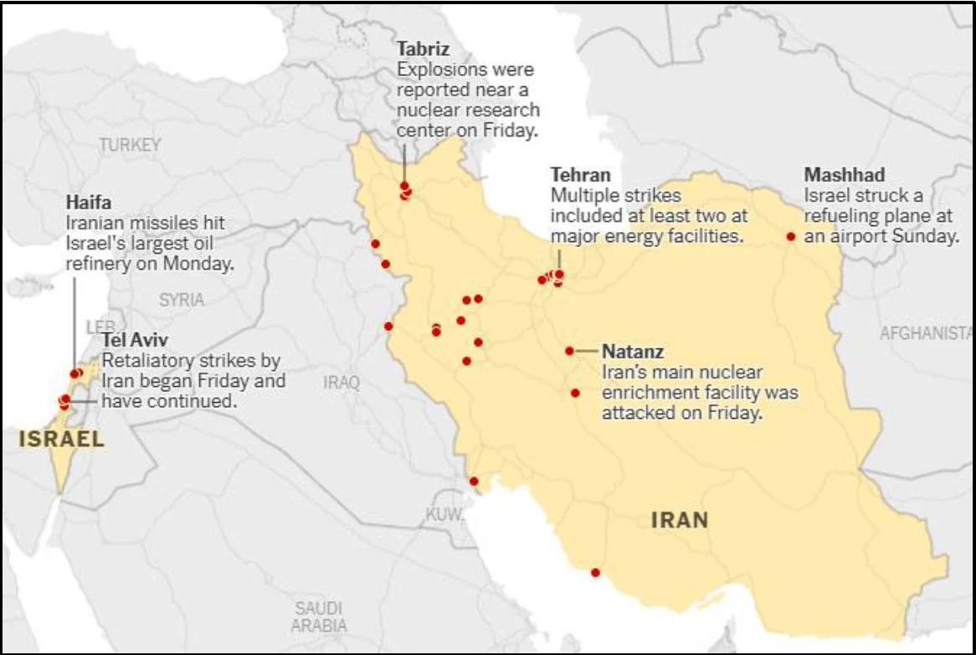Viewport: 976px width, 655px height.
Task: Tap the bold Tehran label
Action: pos(580,175)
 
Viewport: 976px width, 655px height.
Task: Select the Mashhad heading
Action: pos(844,175)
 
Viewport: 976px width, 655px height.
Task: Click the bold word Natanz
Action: pos(633,351)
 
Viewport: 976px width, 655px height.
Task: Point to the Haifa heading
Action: pos(88,203)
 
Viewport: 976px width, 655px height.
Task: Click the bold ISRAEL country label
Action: pos(61,439)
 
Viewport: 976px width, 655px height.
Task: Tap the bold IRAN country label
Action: pos(680,519)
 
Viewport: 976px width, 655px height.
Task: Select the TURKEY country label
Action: pos(130,145)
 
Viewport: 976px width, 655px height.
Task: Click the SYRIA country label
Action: pos(181,299)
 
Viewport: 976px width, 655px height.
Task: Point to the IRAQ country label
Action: pos(342,383)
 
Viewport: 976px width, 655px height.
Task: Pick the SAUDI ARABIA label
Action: pos(318,616)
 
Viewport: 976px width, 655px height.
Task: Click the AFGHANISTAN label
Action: pos(926,333)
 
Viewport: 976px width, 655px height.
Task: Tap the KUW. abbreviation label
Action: pos(444,514)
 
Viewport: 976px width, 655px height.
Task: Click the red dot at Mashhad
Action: pos(790,236)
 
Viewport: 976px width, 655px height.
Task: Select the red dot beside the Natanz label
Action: pos(569,351)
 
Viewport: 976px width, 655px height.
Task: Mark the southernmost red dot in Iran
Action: pos(595,573)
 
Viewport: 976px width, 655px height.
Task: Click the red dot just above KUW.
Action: pos(474,481)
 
